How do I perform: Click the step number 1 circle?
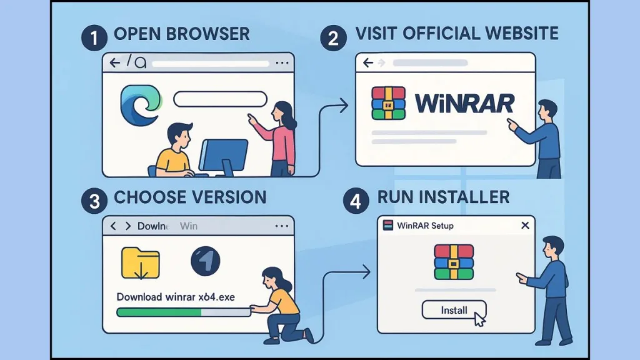coord(94,38)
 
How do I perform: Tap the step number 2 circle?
coord(333,38)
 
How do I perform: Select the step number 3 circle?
coord(94,201)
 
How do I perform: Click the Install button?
coord(453,309)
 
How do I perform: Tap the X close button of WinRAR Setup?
coord(525,225)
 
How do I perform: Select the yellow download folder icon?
coord(141,262)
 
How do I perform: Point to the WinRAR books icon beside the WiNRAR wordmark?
coord(389,102)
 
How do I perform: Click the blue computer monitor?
coord(224,156)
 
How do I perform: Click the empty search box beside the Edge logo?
coord(219,99)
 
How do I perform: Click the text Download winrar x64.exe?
coord(176,297)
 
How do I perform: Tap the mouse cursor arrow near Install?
coord(479,320)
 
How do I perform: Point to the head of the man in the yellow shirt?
coord(180,136)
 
